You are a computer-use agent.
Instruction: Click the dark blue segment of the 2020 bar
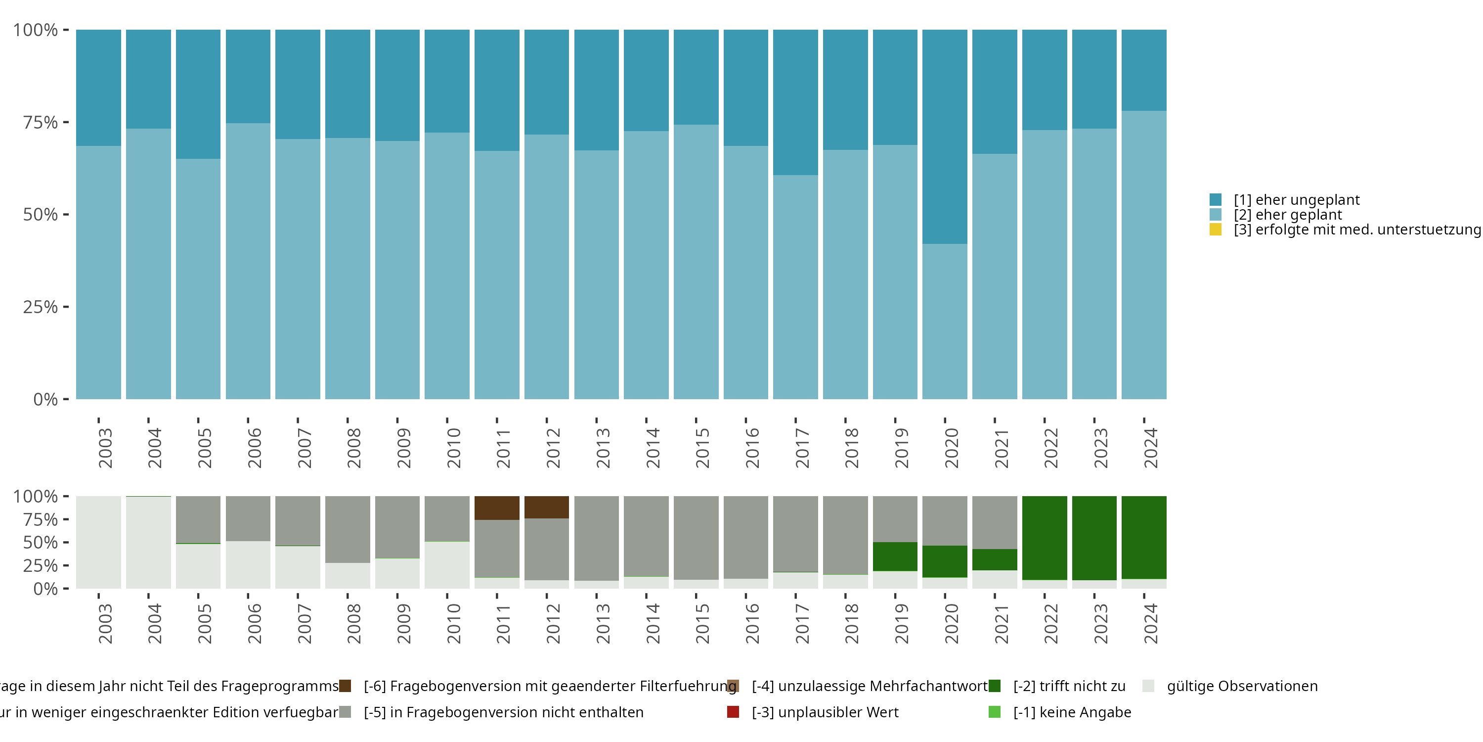point(944,137)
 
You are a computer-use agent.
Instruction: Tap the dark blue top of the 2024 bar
point(1144,70)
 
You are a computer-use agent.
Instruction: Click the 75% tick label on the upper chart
point(41,122)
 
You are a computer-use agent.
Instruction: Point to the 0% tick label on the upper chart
point(45,399)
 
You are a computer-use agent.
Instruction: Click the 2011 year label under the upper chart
point(503,448)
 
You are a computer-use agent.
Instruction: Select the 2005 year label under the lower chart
point(204,623)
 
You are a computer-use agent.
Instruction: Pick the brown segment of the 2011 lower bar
point(497,508)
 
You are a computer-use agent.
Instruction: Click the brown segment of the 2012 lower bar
point(546,507)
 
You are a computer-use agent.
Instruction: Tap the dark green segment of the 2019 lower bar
point(895,556)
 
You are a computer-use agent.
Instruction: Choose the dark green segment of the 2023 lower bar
point(1094,538)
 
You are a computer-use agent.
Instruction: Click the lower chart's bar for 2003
point(98,542)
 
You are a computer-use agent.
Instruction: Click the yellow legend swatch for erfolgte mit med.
point(1215,230)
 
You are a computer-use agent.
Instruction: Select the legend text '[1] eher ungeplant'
point(1296,200)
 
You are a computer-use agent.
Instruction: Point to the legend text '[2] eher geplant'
point(1287,215)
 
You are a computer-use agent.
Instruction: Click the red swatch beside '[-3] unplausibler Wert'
point(733,712)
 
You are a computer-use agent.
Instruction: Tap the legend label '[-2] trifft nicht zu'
point(1069,686)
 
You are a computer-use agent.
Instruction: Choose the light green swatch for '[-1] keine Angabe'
point(994,712)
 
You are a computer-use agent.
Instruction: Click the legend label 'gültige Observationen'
point(1242,686)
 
